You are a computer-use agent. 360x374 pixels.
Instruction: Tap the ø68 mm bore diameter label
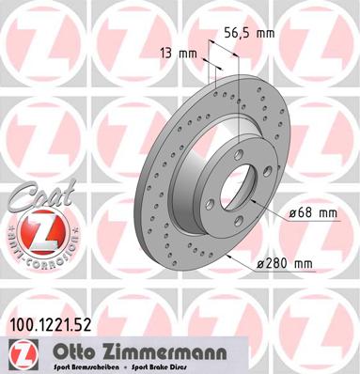315,214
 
